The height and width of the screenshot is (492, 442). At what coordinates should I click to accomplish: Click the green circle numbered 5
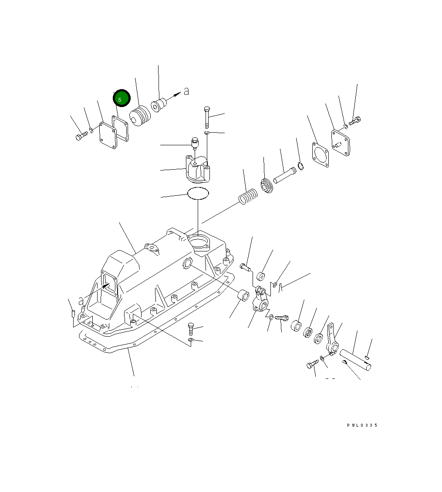121,98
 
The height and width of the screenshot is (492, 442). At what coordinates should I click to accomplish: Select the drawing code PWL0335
362,425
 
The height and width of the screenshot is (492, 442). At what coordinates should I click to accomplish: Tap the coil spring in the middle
248,197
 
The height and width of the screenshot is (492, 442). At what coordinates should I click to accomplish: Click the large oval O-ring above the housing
198,193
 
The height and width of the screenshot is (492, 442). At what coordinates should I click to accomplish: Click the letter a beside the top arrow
186,92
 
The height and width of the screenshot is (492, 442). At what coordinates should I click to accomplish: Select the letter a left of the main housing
81,301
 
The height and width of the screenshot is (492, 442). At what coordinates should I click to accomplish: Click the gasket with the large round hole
321,154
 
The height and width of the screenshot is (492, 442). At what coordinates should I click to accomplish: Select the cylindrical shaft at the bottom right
356,360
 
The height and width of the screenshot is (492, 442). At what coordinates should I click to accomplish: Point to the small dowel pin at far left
73,313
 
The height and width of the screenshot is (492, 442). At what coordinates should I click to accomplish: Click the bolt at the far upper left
81,136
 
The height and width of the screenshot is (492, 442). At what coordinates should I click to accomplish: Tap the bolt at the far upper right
355,120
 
